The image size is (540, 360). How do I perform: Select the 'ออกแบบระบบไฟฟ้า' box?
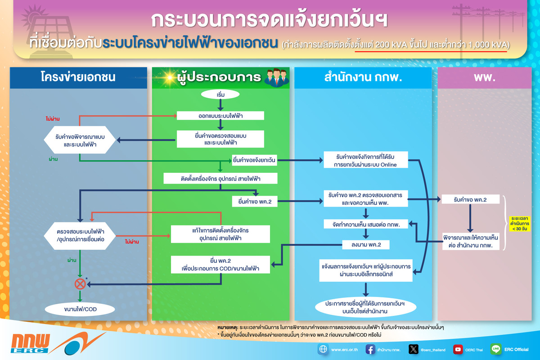(220, 116)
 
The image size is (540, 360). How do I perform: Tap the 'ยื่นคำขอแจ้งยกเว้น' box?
(254, 160)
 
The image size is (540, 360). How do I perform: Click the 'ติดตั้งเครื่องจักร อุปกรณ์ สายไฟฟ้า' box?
(220, 179)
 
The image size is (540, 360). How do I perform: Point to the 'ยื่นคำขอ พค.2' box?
(254, 201)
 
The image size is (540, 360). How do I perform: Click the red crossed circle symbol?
(80, 283)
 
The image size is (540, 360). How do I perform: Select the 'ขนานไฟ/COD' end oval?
(80, 309)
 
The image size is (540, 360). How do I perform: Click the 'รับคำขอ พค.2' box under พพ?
(470, 200)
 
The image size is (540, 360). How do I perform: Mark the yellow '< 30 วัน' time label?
(519, 223)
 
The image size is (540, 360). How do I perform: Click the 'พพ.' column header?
(484, 77)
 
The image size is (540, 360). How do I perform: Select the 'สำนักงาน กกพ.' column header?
(363, 77)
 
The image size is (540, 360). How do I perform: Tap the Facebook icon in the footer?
(370, 349)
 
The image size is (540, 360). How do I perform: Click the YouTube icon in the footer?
(458, 349)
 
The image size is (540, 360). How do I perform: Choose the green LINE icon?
(496, 349)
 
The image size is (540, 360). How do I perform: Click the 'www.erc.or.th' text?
(345, 350)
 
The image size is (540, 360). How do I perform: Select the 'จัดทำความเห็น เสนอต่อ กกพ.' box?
(365, 224)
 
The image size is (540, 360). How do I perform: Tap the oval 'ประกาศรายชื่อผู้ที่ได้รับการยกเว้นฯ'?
(365, 307)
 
